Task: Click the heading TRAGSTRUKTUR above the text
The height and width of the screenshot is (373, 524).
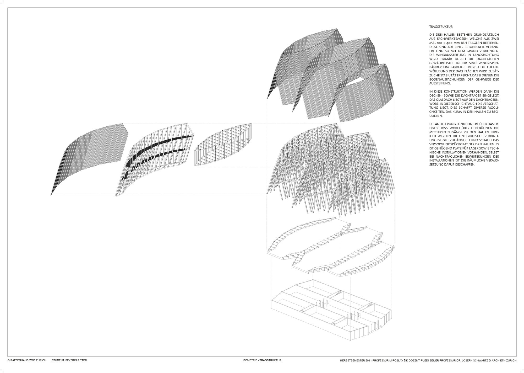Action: tap(441, 27)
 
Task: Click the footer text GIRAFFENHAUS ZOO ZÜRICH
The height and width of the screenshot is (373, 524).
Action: tap(27, 360)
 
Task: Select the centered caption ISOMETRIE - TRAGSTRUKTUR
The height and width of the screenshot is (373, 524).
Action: tap(262, 360)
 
